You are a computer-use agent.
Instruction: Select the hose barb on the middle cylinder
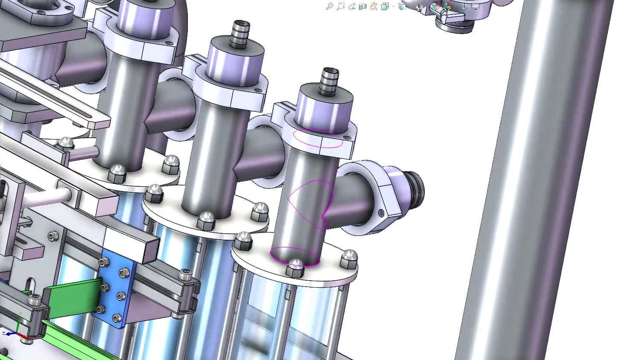[240, 33]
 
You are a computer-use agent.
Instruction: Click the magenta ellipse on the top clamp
[318, 138]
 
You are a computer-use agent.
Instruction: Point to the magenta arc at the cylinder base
[295, 256]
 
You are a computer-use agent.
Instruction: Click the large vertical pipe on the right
[538, 179]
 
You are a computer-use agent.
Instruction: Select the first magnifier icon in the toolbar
[329, 6]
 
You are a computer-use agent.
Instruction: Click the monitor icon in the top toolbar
[475, 6]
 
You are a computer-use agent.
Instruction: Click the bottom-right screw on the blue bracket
[117, 318]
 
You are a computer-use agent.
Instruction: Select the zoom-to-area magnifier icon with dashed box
[340, 6]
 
